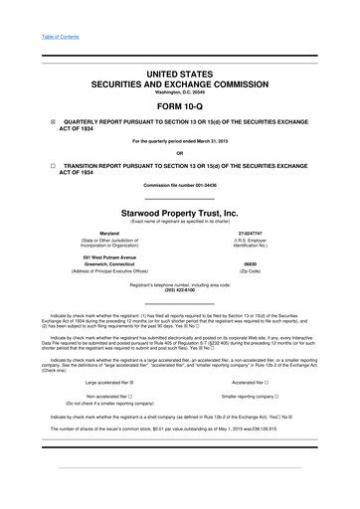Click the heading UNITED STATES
179,77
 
